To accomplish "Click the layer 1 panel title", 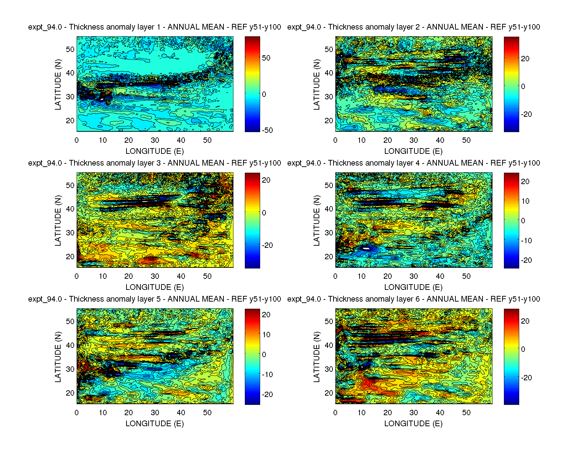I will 154,27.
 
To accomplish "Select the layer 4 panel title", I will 413,163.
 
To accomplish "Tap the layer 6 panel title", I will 413,299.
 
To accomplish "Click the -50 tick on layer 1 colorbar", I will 267,130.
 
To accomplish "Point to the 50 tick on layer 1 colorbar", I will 266,58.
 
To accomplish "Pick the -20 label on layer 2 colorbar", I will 526,114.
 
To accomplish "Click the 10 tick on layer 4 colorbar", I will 525,201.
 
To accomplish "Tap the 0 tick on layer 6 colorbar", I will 523,349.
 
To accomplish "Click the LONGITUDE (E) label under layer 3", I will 154,287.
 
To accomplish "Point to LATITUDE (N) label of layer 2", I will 316,84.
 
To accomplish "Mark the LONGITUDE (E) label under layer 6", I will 413,424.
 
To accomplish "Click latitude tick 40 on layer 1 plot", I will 70,73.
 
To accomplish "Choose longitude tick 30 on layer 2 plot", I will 414,140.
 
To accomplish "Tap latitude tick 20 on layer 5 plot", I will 70,393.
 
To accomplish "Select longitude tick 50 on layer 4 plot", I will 466,276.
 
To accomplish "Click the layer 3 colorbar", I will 252,220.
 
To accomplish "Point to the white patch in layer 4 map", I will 366,248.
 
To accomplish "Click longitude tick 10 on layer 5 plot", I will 103,413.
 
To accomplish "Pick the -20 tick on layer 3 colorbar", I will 267,245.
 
